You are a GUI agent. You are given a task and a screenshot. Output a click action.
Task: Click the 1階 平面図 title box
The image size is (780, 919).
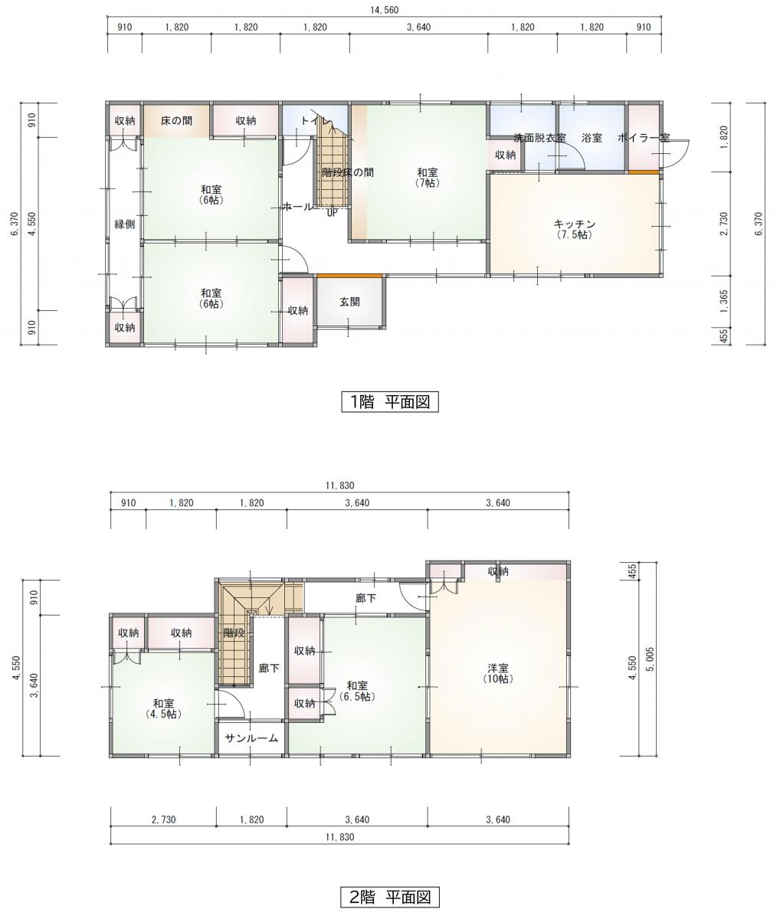(x=390, y=402)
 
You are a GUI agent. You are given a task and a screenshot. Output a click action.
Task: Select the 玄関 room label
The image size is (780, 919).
(x=349, y=302)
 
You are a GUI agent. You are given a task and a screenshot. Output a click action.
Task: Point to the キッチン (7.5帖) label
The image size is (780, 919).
(x=575, y=230)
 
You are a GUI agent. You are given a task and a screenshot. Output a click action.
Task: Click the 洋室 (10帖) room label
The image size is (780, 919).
(x=498, y=673)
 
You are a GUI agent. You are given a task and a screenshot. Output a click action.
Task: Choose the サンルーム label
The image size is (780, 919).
(x=251, y=738)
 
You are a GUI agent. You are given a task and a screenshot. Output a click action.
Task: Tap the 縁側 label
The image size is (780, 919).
(x=125, y=224)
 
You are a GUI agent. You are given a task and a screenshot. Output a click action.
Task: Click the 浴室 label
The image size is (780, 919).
(x=592, y=138)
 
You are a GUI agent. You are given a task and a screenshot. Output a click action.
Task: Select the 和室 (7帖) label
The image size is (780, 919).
(x=427, y=178)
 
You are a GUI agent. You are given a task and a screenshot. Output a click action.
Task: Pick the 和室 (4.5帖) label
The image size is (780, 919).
(x=163, y=708)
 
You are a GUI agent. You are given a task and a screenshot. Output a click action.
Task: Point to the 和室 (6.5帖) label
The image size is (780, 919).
(x=357, y=691)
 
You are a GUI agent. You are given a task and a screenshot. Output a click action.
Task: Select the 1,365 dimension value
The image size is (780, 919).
(x=724, y=302)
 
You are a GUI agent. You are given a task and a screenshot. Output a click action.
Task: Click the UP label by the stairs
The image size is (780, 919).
(x=333, y=213)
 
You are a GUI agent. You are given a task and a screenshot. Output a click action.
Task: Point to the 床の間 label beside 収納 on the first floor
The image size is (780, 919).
(x=177, y=120)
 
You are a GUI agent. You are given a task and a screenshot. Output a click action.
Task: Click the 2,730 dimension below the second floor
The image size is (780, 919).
(x=163, y=819)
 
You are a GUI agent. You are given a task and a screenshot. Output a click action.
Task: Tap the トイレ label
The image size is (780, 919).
(x=316, y=120)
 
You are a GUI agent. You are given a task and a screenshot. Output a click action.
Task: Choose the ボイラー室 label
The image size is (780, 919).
(x=644, y=138)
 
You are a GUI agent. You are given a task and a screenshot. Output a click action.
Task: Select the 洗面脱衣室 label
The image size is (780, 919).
(x=539, y=138)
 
